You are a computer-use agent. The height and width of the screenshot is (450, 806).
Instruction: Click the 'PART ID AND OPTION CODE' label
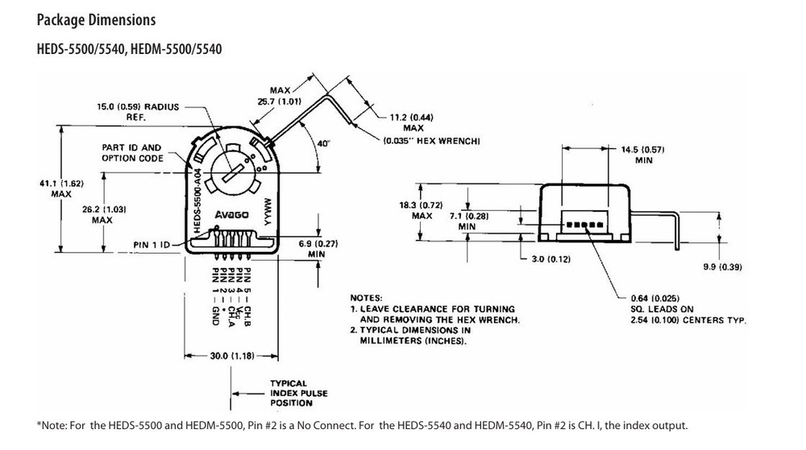[131, 153]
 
